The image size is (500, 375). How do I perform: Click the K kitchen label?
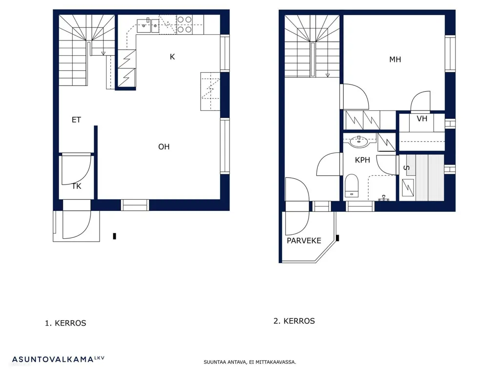point(172,57)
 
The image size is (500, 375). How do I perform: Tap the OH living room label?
point(164,146)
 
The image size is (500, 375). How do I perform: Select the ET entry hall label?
point(76,120)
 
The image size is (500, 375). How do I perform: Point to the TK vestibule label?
point(77,186)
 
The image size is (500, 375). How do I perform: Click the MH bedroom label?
point(395,59)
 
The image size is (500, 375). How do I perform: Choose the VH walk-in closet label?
point(422,119)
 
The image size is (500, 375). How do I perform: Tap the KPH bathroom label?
point(363,160)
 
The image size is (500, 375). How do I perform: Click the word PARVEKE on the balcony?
point(304,241)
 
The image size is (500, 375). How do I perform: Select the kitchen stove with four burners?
point(185,24)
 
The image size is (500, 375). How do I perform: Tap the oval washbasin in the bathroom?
point(359,142)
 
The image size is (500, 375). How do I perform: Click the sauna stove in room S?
point(408,187)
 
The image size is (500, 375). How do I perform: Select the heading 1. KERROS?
point(66,323)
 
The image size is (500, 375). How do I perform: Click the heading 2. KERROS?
point(294,321)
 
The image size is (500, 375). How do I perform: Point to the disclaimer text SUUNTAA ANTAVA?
point(225,362)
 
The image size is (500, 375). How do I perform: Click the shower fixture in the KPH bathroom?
point(384,198)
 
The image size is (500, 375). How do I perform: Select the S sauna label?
point(407,168)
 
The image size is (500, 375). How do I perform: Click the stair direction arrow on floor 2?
point(328,75)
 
